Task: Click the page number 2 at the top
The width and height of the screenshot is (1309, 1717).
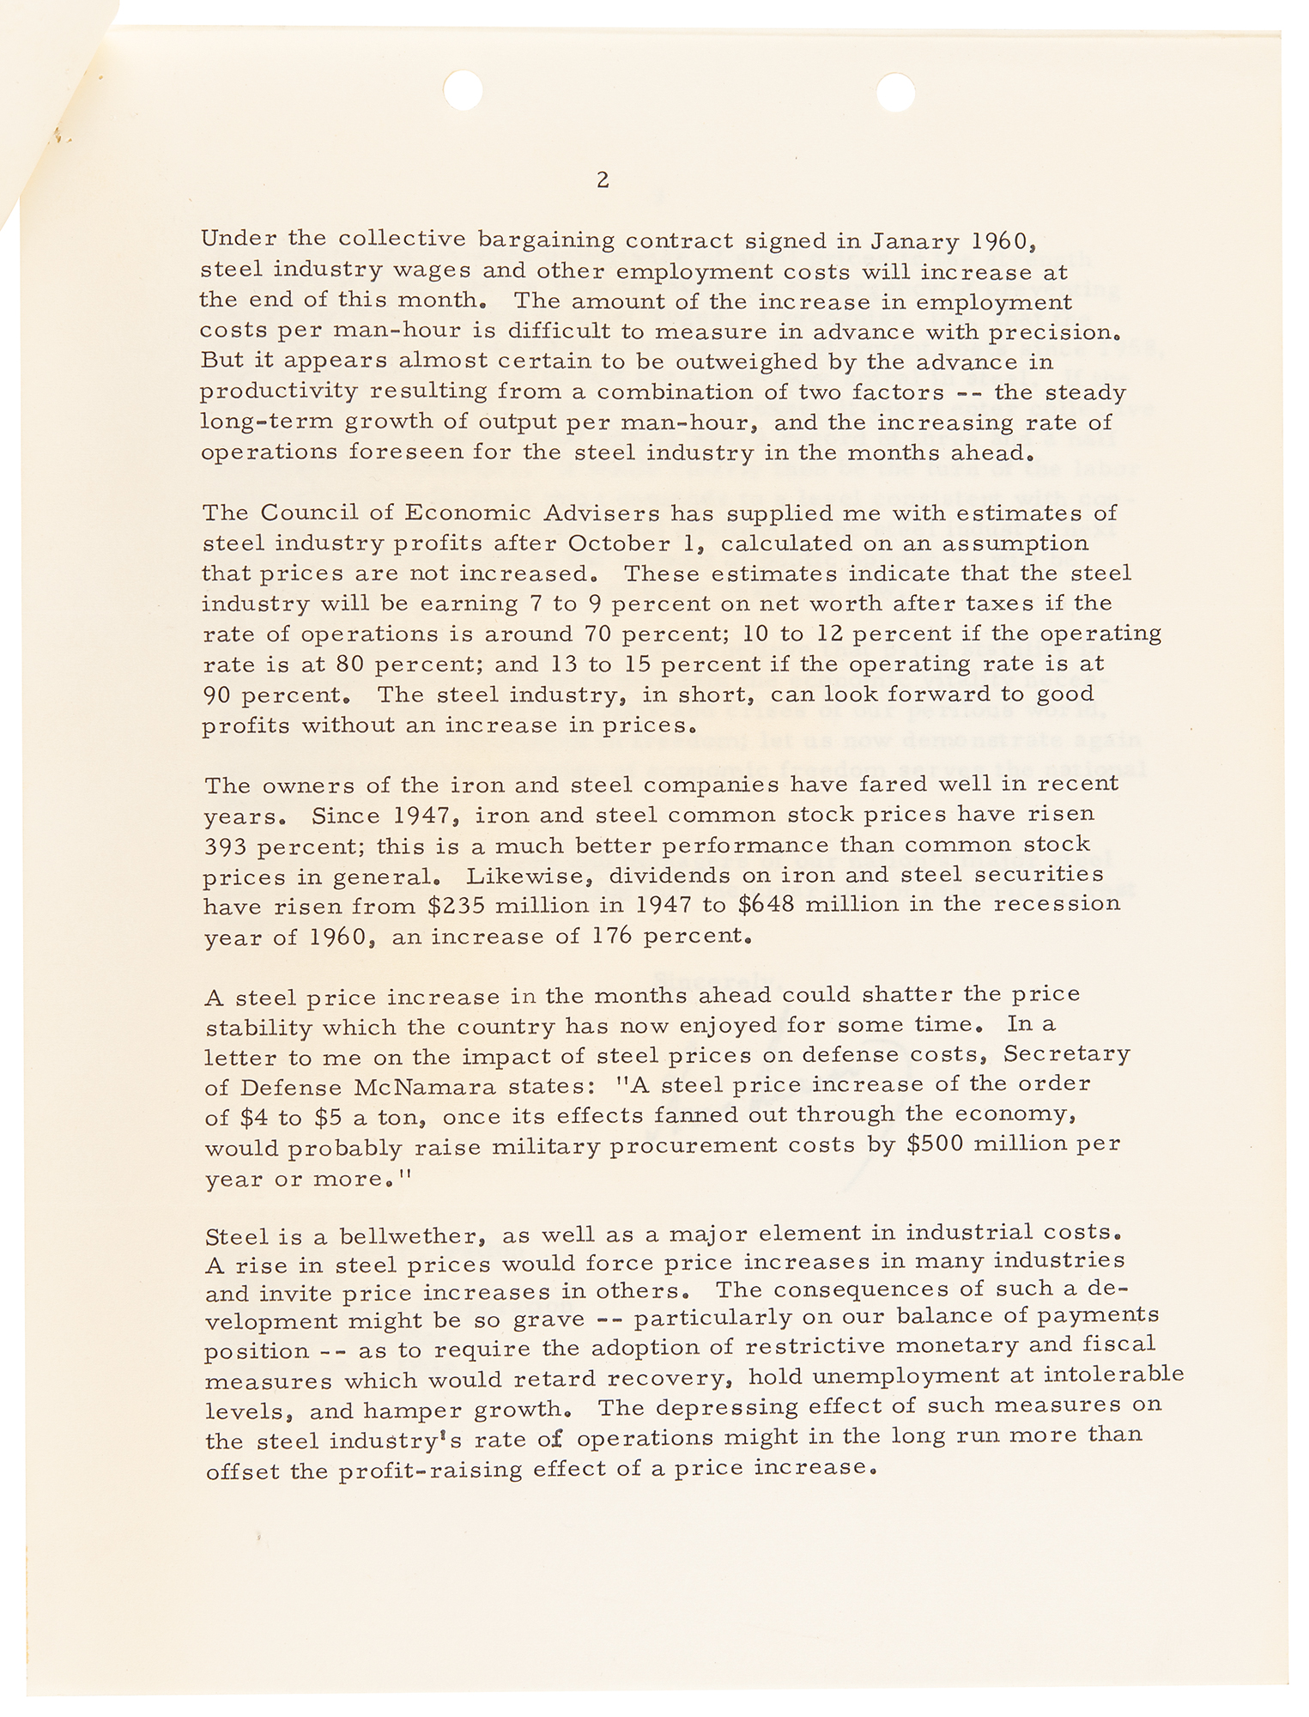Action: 603,181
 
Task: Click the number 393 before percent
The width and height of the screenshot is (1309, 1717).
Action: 227,846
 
